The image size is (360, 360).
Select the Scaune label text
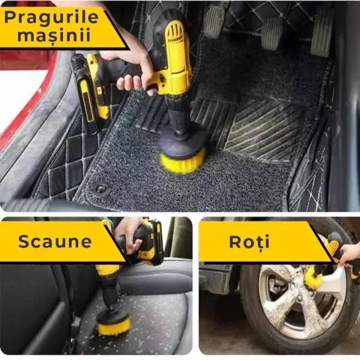click(55, 242)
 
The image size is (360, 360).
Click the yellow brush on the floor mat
click(182, 160)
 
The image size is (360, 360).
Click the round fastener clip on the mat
click(101, 188)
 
